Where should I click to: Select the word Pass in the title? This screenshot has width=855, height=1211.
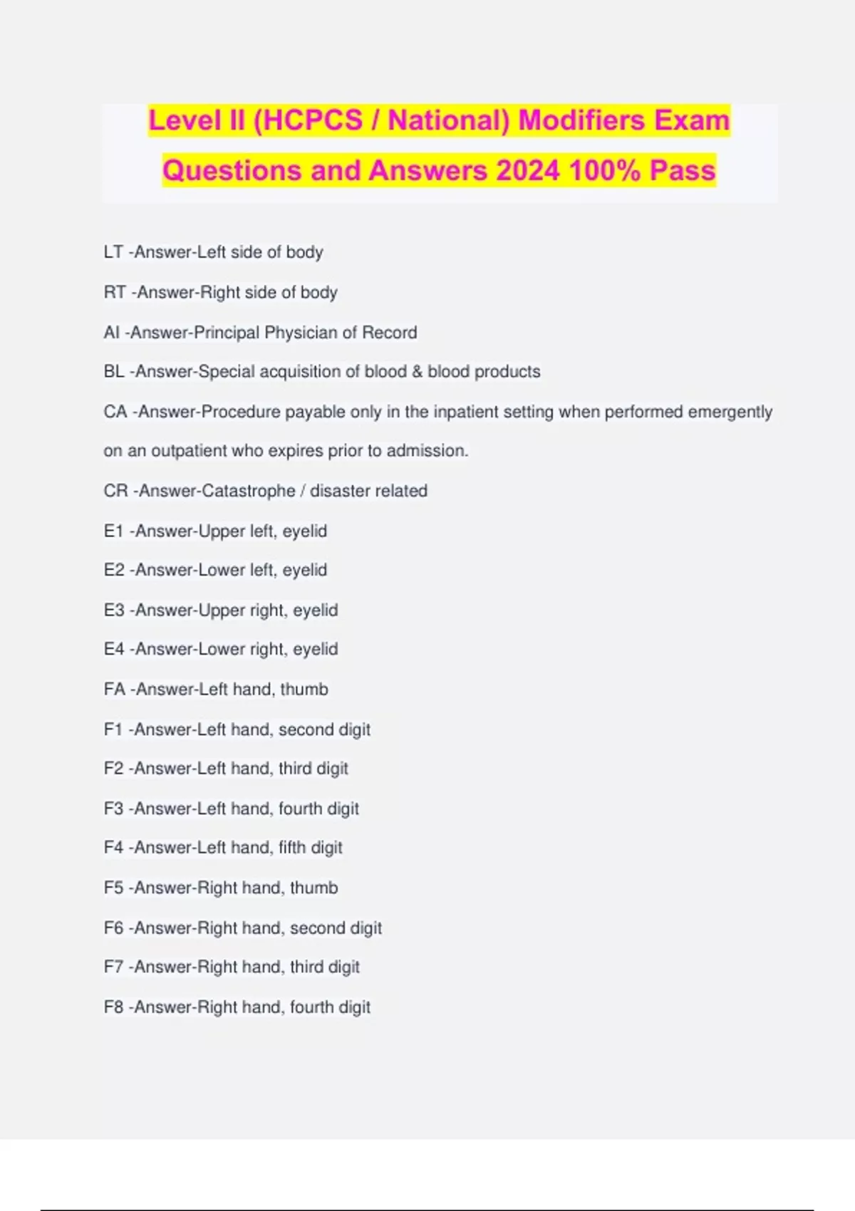682,171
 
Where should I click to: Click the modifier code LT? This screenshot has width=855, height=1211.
113,252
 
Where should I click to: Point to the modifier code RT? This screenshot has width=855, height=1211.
115,293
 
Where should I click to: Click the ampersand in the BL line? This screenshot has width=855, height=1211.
417,372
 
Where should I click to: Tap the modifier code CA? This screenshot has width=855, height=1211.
115,412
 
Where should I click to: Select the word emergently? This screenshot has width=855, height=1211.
730,412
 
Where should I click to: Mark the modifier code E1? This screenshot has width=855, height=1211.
114,531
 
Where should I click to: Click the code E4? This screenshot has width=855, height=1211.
114,649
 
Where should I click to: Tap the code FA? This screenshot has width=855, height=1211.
114,690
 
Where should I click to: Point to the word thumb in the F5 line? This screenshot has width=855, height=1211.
313,888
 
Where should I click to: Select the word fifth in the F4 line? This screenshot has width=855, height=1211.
291,848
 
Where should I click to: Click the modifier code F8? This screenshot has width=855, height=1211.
114,1007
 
